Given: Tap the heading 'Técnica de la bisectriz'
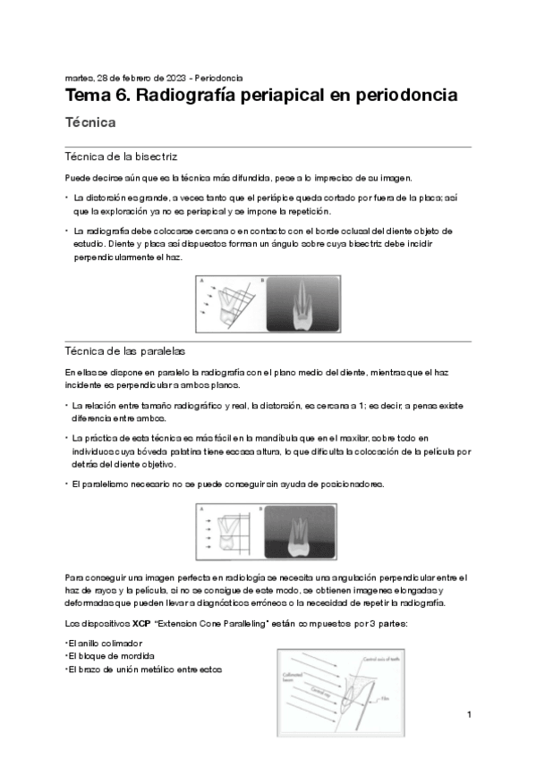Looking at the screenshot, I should tap(122, 156).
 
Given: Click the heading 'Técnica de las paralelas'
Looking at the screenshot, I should tap(126, 350).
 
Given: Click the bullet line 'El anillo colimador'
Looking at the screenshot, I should tap(104, 643).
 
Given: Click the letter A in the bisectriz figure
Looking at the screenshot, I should tap(200, 280).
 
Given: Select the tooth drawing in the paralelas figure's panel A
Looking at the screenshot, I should tap(228, 535).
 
